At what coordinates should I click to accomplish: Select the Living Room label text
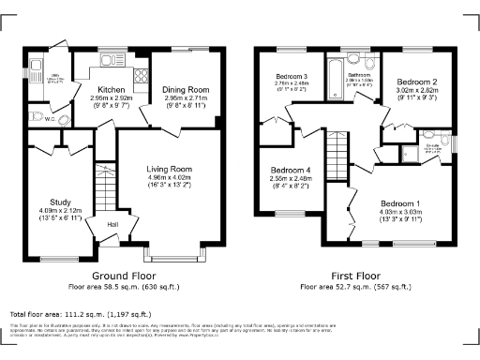[x=169, y=169]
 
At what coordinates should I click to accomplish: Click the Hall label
[x=112, y=224]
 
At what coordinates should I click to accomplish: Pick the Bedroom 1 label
[x=401, y=203]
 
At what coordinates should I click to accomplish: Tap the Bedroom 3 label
[x=292, y=76]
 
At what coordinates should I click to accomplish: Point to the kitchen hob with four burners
[x=140, y=77]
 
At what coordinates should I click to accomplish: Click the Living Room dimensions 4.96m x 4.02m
[x=169, y=177]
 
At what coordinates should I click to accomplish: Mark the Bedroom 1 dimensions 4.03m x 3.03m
[x=401, y=212]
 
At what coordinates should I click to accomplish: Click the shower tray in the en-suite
[x=409, y=154]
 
